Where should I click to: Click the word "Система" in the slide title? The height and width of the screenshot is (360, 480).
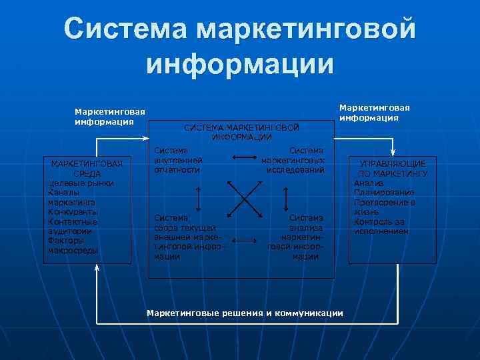click(127, 29)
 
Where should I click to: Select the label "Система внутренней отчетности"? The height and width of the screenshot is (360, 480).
click(178, 161)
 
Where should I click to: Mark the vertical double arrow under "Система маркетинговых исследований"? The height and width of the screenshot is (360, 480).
click(285, 197)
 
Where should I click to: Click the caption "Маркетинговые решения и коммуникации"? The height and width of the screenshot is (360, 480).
click(245, 313)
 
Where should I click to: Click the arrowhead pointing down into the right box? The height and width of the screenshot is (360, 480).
click(394, 153)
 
